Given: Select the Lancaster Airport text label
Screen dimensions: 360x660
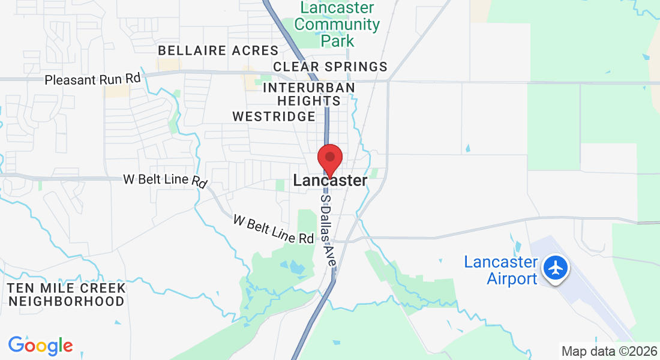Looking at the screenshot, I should click(x=500, y=271).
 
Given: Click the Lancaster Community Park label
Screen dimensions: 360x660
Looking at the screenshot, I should click(x=337, y=24).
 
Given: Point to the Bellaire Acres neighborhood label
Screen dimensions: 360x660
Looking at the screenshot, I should click(x=218, y=50).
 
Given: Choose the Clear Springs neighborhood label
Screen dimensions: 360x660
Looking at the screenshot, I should click(x=330, y=66).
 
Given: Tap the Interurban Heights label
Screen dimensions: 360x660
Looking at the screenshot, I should click(x=309, y=94).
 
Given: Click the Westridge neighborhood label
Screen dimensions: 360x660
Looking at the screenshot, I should click(x=274, y=116).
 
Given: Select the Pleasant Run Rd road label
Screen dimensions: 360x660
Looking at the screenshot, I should click(x=92, y=79).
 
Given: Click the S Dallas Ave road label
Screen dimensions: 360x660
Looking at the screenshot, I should click(x=328, y=230).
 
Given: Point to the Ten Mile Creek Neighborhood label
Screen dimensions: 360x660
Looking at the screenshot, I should click(x=67, y=295).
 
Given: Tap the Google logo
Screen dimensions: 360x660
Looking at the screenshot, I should click(x=40, y=346).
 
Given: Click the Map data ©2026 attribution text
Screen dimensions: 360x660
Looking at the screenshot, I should click(x=608, y=351).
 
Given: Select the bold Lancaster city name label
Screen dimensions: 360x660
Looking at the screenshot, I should click(x=330, y=180).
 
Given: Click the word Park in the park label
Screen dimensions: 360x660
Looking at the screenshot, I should click(x=338, y=41).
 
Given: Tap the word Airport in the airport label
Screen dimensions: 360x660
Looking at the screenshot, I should click(x=512, y=279).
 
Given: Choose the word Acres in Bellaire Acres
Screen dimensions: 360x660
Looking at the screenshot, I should click(x=256, y=50).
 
